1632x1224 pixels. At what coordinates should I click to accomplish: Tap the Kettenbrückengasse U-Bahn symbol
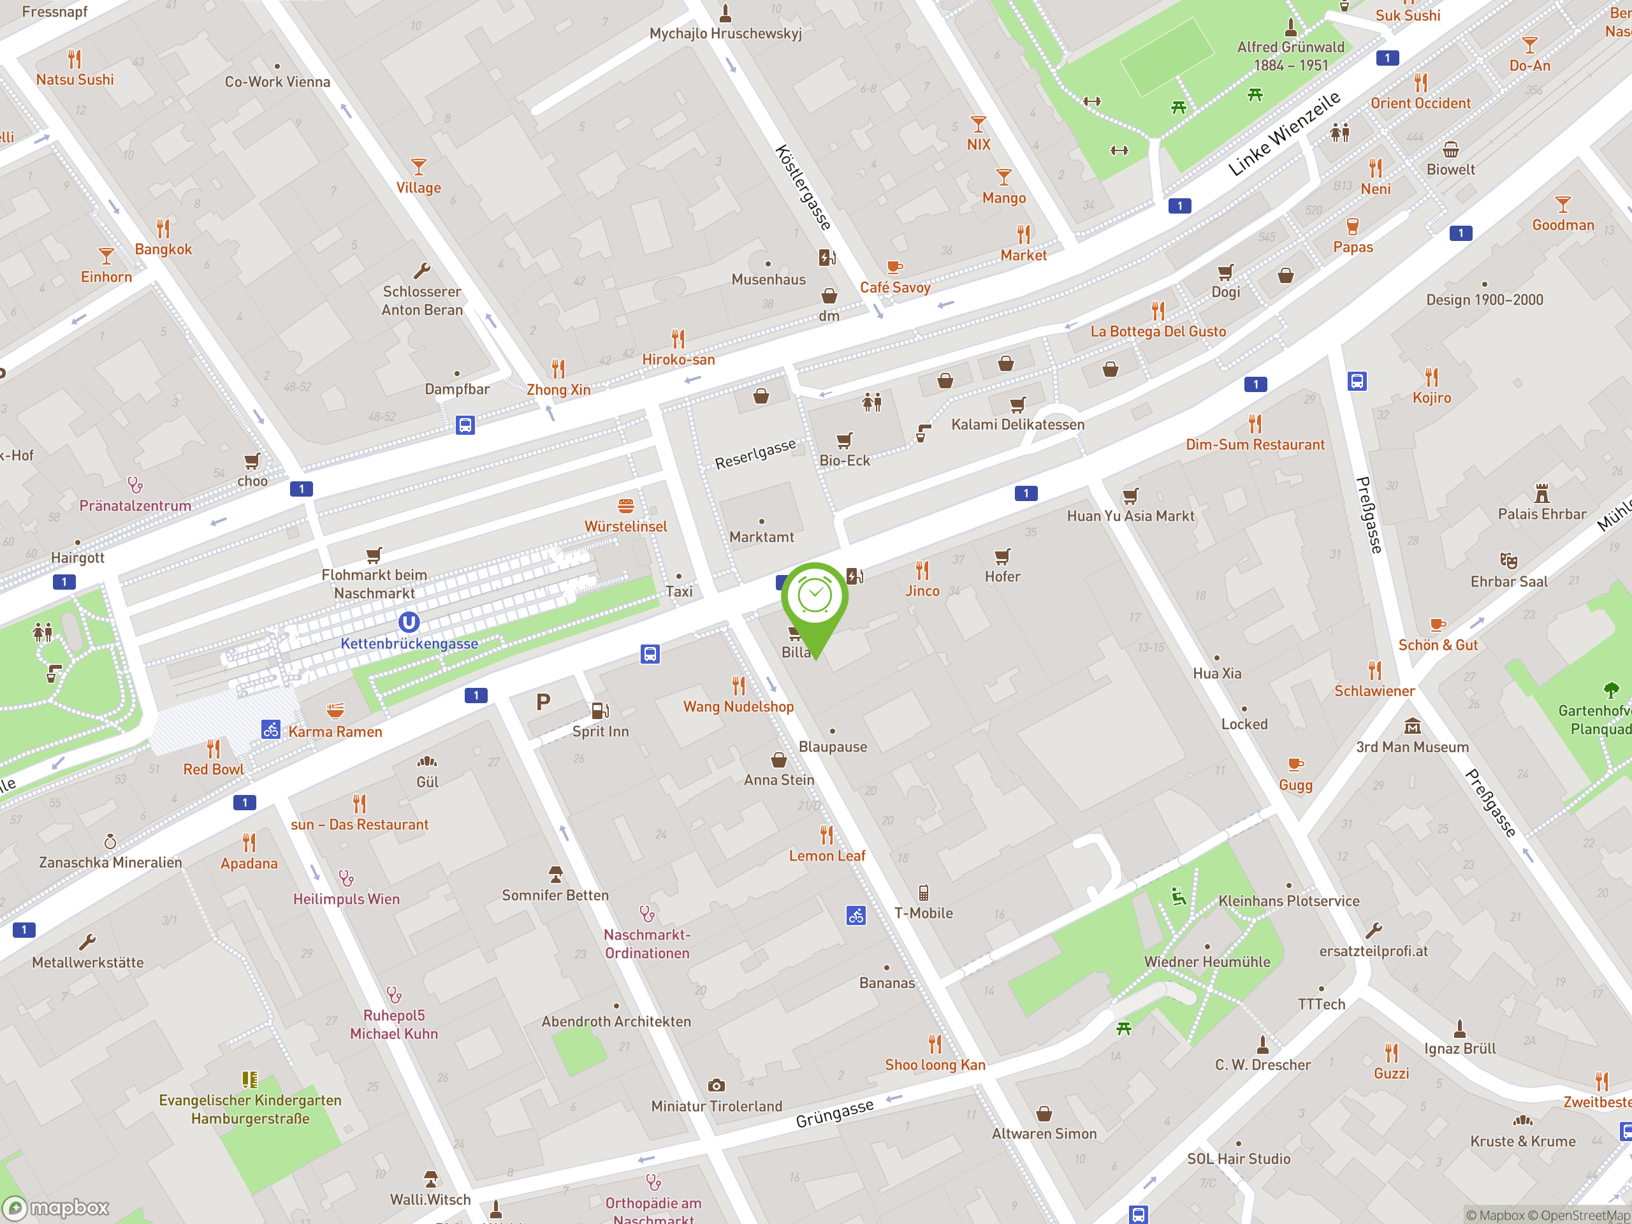[x=409, y=622]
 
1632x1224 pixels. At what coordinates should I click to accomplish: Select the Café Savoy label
[x=895, y=288]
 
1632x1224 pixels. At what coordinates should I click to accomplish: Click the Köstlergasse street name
[x=803, y=187]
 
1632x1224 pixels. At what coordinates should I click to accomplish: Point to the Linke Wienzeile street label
[x=1284, y=135]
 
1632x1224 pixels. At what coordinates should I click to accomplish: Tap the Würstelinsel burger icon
[x=625, y=506]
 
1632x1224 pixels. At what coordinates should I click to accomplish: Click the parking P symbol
[x=543, y=702]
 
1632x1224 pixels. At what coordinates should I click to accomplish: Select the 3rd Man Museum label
[x=1412, y=747]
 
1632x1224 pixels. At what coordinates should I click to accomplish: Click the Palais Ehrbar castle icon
[x=1541, y=493]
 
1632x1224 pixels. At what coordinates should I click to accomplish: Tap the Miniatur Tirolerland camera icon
[x=716, y=1085]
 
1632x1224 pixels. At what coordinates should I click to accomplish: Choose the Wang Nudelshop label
[x=738, y=707]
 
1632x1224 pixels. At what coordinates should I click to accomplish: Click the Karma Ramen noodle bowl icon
[x=335, y=711]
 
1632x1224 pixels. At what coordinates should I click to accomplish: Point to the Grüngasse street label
[x=834, y=1113]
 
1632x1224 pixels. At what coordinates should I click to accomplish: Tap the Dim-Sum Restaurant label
[x=1255, y=445]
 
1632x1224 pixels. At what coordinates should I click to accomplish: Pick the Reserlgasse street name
[x=755, y=454]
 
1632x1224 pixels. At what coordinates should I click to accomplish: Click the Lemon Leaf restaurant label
[x=827, y=856]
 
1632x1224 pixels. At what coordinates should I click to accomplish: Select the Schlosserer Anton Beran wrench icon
[x=422, y=271]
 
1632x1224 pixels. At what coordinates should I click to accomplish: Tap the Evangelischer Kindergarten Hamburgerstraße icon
[x=250, y=1080]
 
